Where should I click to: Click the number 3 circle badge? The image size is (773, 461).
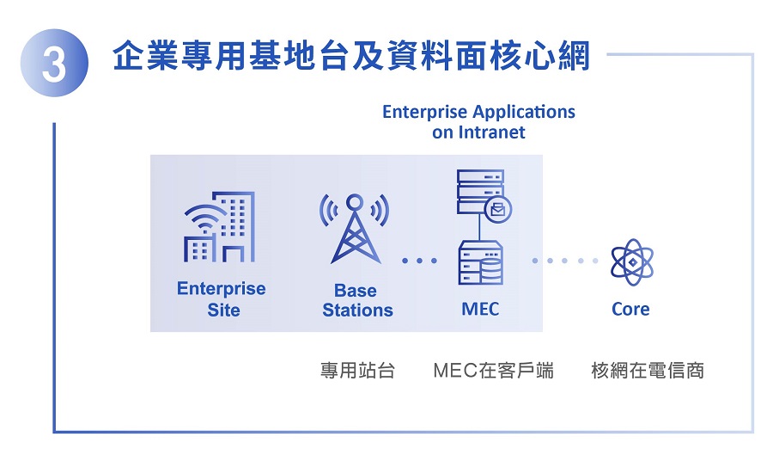click(x=54, y=63)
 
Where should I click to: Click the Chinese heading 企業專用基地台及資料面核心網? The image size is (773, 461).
click(x=351, y=56)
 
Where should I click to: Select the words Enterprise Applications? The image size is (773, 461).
click(x=478, y=112)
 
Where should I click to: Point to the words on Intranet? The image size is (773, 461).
click(x=478, y=132)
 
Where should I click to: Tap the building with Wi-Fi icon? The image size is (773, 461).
click(x=220, y=226)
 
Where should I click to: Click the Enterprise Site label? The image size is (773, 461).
click(x=222, y=299)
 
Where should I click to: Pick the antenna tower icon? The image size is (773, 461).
click(x=355, y=228)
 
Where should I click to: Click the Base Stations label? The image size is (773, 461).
click(x=357, y=300)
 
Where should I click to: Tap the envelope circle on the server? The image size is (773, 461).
click(x=498, y=210)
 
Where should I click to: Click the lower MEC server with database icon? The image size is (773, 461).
click(x=481, y=262)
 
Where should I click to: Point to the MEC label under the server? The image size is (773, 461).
click(x=480, y=309)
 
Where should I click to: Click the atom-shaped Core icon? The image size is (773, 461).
click(x=632, y=262)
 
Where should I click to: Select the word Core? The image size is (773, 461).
click(x=630, y=309)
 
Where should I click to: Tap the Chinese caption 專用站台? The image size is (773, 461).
click(x=358, y=370)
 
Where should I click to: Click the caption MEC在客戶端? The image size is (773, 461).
click(x=494, y=370)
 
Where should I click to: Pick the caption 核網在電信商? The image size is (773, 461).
click(x=648, y=370)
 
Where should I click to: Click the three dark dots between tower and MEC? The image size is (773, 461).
click(x=419, y=261)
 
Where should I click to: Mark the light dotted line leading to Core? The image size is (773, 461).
click(x=565, y=261)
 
